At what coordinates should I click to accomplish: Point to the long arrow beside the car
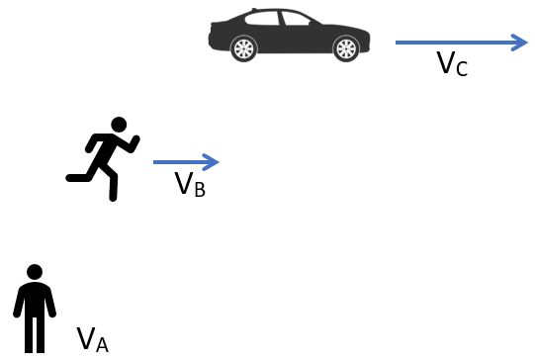(x=461, y=42)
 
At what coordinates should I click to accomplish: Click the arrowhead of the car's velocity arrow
(x=520, y=42)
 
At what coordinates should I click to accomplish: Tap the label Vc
(x=451, y=64)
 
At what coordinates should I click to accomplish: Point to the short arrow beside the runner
(x=185, y=161)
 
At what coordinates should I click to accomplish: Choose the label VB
(x=189, y=184)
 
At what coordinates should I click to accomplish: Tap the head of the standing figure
(x=35, y=272)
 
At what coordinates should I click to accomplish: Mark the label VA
(x=92, y=339)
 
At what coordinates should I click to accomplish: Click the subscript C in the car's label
(x=461, y=69)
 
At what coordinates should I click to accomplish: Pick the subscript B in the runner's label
(x=199, y=189)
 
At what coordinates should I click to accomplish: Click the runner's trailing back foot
(x=72, y=177)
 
